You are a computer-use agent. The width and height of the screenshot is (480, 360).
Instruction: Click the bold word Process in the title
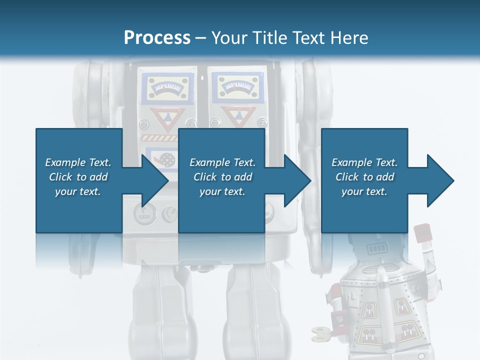[x=157, y=37]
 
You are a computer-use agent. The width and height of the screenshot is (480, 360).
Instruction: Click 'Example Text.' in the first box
[x=78, y=162]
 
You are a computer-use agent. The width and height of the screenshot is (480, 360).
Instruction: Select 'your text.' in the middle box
[x=222, y=191]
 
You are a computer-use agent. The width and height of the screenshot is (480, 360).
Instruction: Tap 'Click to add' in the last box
[x=364, y=177]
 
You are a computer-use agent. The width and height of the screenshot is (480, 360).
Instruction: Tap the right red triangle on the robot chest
[x=232, y=118]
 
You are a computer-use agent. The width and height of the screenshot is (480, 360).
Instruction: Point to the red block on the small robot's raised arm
[x=422, y=233]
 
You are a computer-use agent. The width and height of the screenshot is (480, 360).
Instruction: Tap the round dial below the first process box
[x=143, y=214]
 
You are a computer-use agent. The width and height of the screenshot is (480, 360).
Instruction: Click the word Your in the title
[x=228, y=37]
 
